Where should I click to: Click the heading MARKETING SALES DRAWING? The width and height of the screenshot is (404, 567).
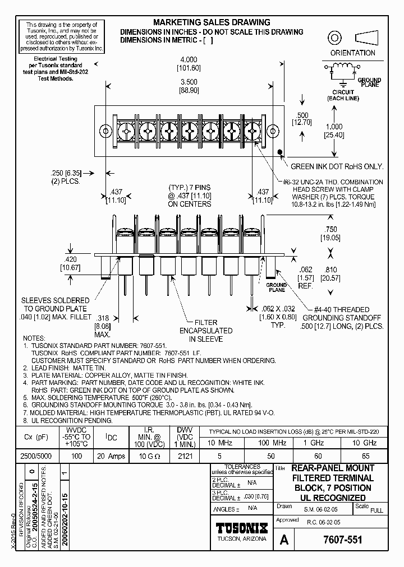[x=212, y=22]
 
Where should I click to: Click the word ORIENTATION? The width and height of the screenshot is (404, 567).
[x=352, y=53]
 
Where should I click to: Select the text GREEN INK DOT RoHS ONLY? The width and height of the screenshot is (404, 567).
[x=337, y=166]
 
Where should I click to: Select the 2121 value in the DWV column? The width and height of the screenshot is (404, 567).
[x=184, y=456]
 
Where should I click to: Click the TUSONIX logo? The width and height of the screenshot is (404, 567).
[x=242, y=528]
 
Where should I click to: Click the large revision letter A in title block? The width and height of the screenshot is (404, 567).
[x=285, y=540]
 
